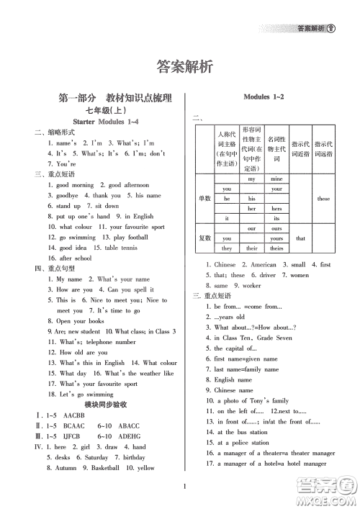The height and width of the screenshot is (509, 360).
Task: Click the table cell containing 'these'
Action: point(323,198)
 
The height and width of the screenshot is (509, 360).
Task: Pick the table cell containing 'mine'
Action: point(276,178)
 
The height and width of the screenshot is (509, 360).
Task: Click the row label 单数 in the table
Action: point(204,198)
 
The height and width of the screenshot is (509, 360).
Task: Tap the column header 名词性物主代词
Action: point(276,144)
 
